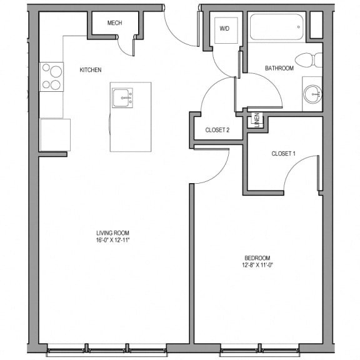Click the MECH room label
point(114,23)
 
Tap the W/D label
point(224,29)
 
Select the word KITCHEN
point(91,70)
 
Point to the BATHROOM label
point(279,68)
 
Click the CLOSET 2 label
point(217,130)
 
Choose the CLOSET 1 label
point(283,154)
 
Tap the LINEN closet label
point(257,120)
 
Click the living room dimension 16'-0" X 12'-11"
point(113,241)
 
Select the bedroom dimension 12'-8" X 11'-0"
point(257,265)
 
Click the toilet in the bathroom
point(309,60)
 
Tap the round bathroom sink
point(312,94)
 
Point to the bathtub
point(276,27)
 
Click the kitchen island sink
point(122,98)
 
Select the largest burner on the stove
point(56,71)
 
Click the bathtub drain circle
point(299,27)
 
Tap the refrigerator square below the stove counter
point(56,135)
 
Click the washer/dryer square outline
point(226,30)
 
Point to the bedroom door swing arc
point(219,175)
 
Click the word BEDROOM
point(257,258)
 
